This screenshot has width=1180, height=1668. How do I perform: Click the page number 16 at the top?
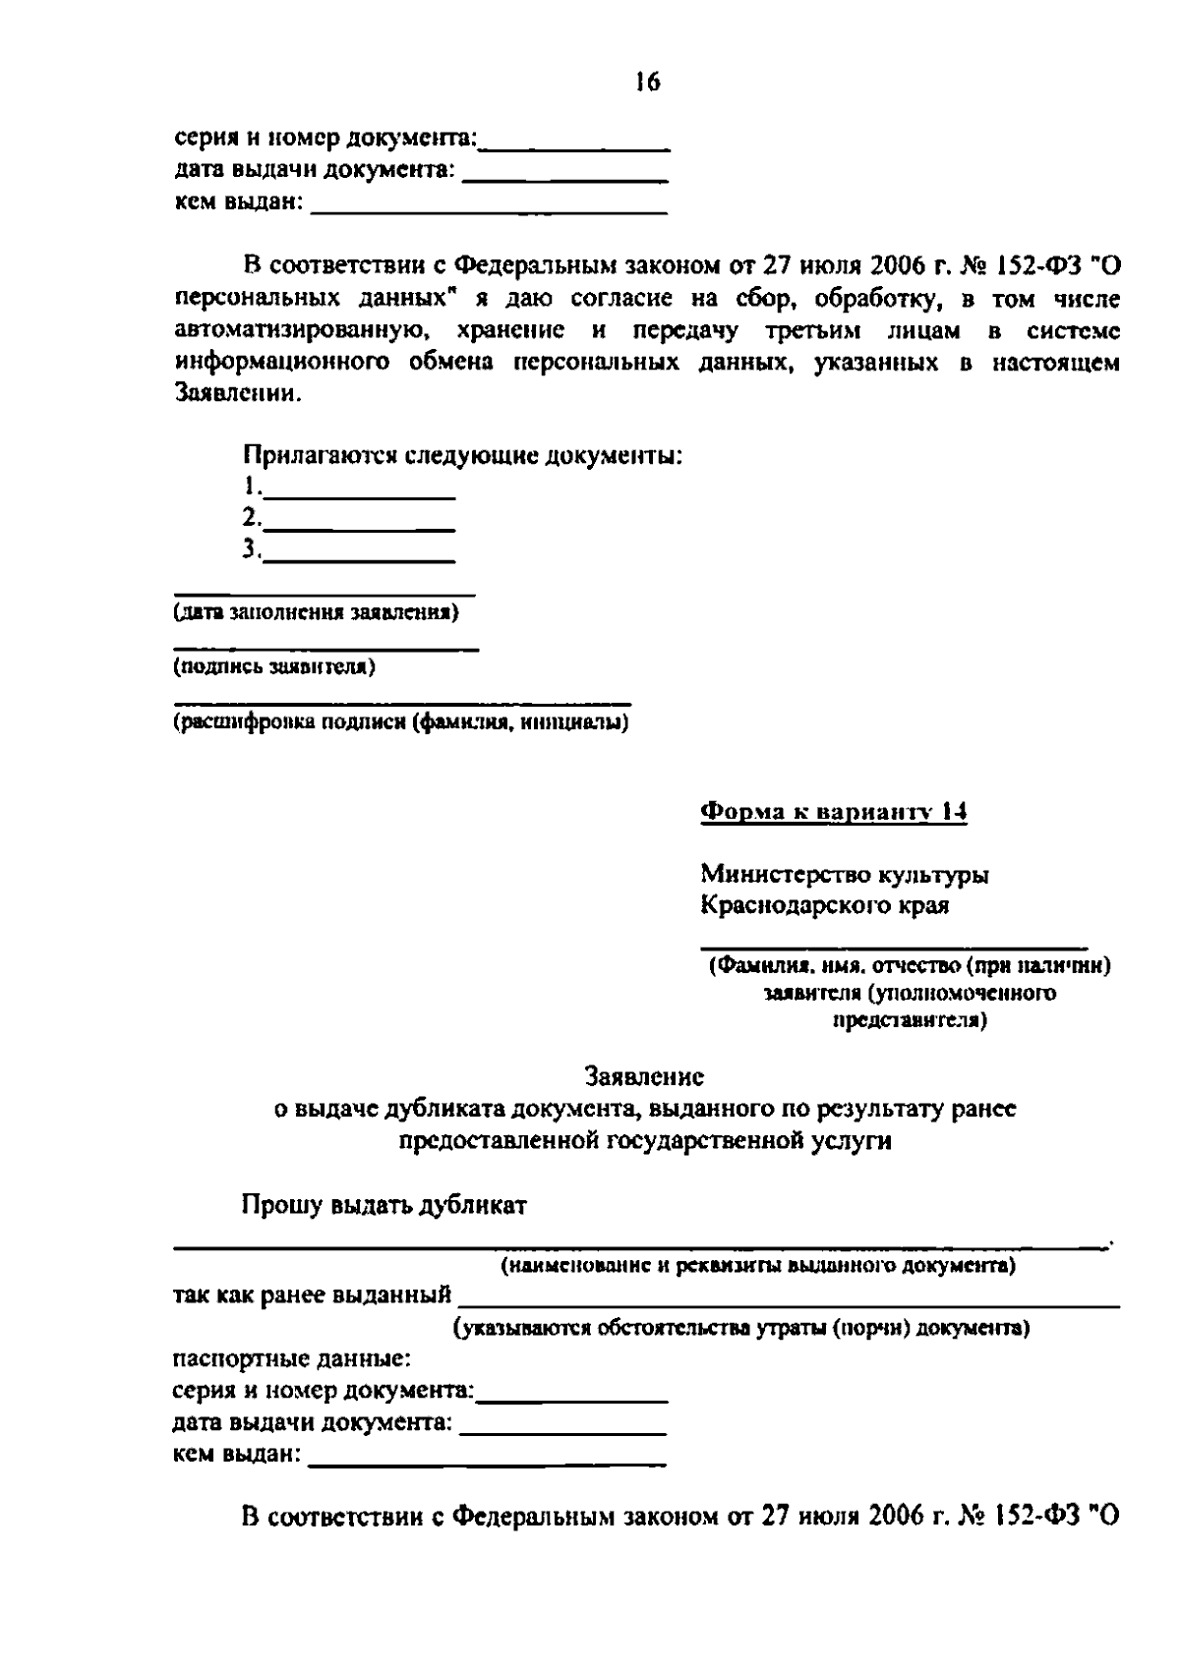coord(647,83)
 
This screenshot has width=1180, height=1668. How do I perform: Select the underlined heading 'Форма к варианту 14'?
coord(833,812)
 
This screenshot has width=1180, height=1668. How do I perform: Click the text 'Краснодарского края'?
coord(824,905)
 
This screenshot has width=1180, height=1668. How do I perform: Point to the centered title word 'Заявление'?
coord(644,1076)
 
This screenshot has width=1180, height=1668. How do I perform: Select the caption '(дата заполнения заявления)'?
coord(316,613)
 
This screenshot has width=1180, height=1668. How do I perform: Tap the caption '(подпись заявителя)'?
coord(274,667)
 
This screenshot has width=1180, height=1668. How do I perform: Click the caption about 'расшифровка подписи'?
coord(401,723)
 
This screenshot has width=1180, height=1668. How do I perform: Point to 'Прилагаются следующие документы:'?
coord(462,456)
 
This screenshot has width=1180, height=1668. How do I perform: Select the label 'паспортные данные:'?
coord(292,1360)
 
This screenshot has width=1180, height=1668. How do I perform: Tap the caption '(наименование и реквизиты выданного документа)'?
coord(758,1265)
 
